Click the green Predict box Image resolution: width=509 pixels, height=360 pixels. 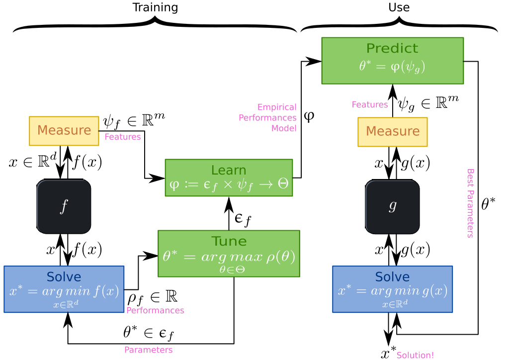click(392, 61)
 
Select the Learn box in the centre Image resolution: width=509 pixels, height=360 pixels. click(229, 178)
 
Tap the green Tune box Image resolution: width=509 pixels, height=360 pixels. click(229, 253)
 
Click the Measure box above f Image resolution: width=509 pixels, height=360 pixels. click(64, 131)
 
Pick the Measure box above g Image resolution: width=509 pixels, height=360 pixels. click(392, 132)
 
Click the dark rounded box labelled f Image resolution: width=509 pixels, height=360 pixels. click(64, 206)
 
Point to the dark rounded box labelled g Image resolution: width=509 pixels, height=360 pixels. click(392, 206)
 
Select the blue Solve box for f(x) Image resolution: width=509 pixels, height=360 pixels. click(64, 289)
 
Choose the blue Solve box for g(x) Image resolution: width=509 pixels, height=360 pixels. click(392, 289)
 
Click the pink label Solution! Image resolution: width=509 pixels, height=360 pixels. click(415, 355)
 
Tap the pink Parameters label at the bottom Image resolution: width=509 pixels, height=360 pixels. click(148, 350)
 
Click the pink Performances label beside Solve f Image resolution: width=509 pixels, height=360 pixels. click(155, 310)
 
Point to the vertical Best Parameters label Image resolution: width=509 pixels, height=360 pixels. click(470, 203)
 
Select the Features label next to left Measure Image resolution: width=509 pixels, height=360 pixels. click(123, 137)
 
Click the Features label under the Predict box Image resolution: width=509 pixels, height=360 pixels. click(370, 104)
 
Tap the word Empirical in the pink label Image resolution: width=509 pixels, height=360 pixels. click(277, 107)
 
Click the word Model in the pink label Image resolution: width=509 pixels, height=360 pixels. click(284, 128)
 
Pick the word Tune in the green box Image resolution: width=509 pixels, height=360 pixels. click(229, 241)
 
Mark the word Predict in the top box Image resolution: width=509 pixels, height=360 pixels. click(392, 48)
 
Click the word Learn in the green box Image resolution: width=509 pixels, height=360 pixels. click(229, 170)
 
